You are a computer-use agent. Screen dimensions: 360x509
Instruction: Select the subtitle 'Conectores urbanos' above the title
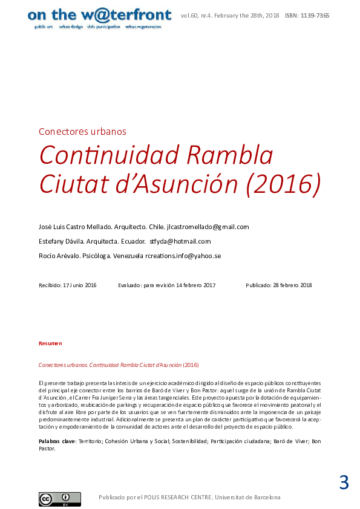click(x=82, y=131)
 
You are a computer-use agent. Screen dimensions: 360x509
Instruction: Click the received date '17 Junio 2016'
click(x=80, y=285)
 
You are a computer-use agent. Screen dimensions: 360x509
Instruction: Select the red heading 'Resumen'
click(x=50, y=343)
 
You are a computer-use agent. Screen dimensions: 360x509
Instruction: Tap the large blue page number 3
click(x=344, y=483)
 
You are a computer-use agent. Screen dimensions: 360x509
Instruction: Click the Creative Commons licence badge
click(x=51, y=499)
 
